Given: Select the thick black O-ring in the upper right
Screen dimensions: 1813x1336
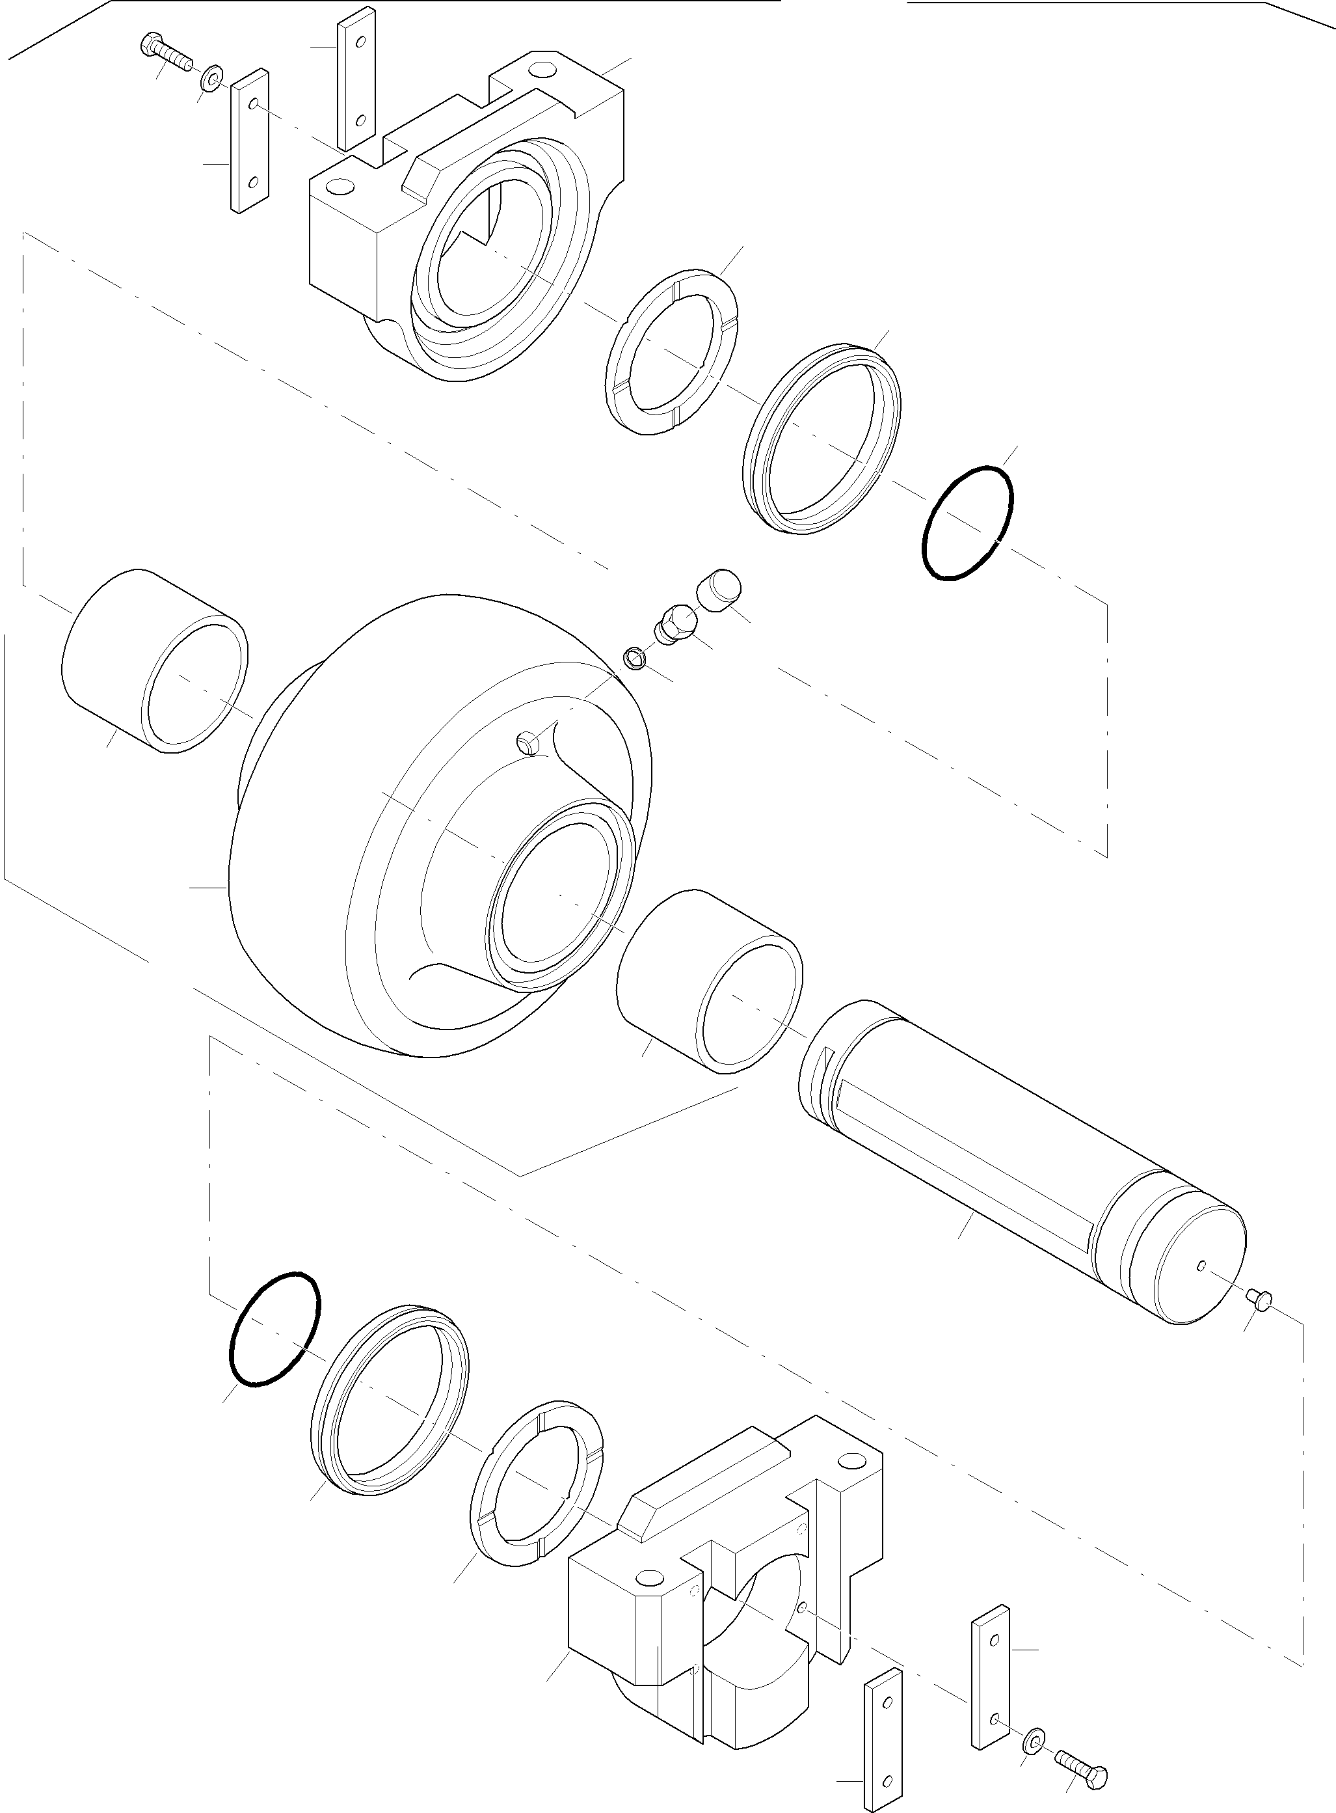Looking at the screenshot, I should pos(968,522).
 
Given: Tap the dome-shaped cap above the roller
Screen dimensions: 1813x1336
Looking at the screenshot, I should pos(718,588).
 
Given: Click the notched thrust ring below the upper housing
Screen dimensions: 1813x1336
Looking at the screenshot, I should pos(672,349).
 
